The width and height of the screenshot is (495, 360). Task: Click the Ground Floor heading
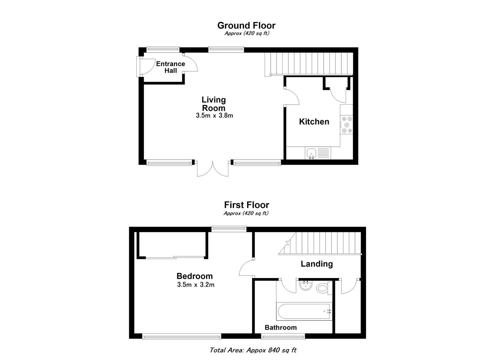point(246,26)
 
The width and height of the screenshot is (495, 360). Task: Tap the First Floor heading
point(246,205)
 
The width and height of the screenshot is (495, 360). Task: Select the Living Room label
point(214,104)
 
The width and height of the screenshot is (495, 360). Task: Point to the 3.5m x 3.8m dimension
point(214,115)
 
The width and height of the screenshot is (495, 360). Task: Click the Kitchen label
point(314,122)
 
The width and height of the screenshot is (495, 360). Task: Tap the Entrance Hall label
point(171,67)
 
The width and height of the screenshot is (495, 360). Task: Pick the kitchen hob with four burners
point(346,125)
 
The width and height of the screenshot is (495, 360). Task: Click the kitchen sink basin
point(312,153)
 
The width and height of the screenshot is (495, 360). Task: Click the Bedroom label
point(194,276)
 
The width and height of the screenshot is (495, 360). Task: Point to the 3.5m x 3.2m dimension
point(196,285)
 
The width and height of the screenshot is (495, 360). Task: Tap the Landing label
point(317,264)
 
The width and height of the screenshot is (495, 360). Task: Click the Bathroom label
point(281,328)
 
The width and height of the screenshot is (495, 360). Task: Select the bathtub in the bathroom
point(304,311)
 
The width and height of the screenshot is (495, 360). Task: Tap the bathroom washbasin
point(306,285)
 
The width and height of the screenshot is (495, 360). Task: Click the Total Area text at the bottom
point(253,350)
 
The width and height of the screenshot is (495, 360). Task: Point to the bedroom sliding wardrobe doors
point(175,257)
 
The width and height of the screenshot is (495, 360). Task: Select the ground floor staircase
point(309,64)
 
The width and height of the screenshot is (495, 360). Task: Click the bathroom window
point(283,337)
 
